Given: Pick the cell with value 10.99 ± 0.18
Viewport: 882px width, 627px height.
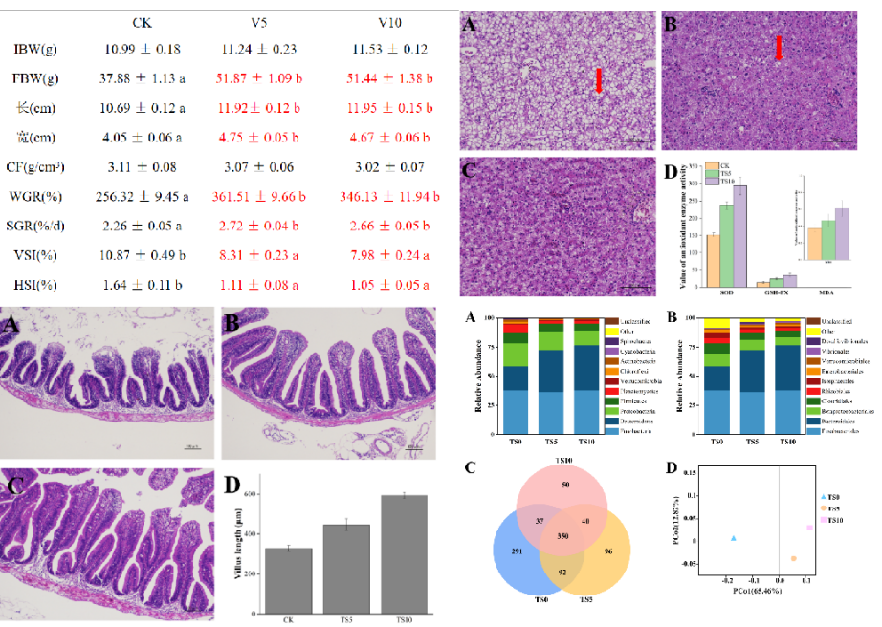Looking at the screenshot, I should click(143, 49).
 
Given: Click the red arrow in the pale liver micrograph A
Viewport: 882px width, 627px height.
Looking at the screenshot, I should click(599, 80).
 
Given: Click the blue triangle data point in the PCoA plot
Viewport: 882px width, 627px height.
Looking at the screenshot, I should click(734, 539).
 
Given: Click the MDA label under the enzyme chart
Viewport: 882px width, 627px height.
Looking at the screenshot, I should click(814, 295).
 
